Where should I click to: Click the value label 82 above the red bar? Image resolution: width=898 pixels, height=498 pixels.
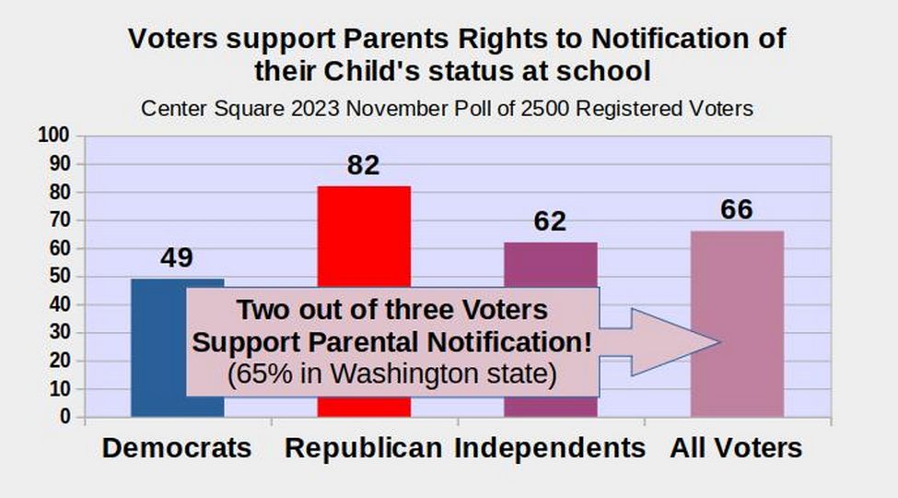[363, 165]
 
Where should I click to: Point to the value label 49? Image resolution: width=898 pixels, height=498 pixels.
[177, 257]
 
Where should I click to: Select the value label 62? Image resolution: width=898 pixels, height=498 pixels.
[550, 221]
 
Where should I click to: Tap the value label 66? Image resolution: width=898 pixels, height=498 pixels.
[737, 209]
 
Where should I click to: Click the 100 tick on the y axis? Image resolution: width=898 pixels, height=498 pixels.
[53, 136]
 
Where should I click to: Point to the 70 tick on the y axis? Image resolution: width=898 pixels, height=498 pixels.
[59, 219]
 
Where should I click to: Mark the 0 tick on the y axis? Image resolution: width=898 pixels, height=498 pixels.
[64, 417]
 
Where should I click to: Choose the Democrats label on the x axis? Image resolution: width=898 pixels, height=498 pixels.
[177, 448]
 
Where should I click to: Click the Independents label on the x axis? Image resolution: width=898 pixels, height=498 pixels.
[550, 448]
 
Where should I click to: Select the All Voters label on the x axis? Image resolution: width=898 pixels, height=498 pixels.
[737, 448]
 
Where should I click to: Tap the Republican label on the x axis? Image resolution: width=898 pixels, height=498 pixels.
[363, 448]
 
